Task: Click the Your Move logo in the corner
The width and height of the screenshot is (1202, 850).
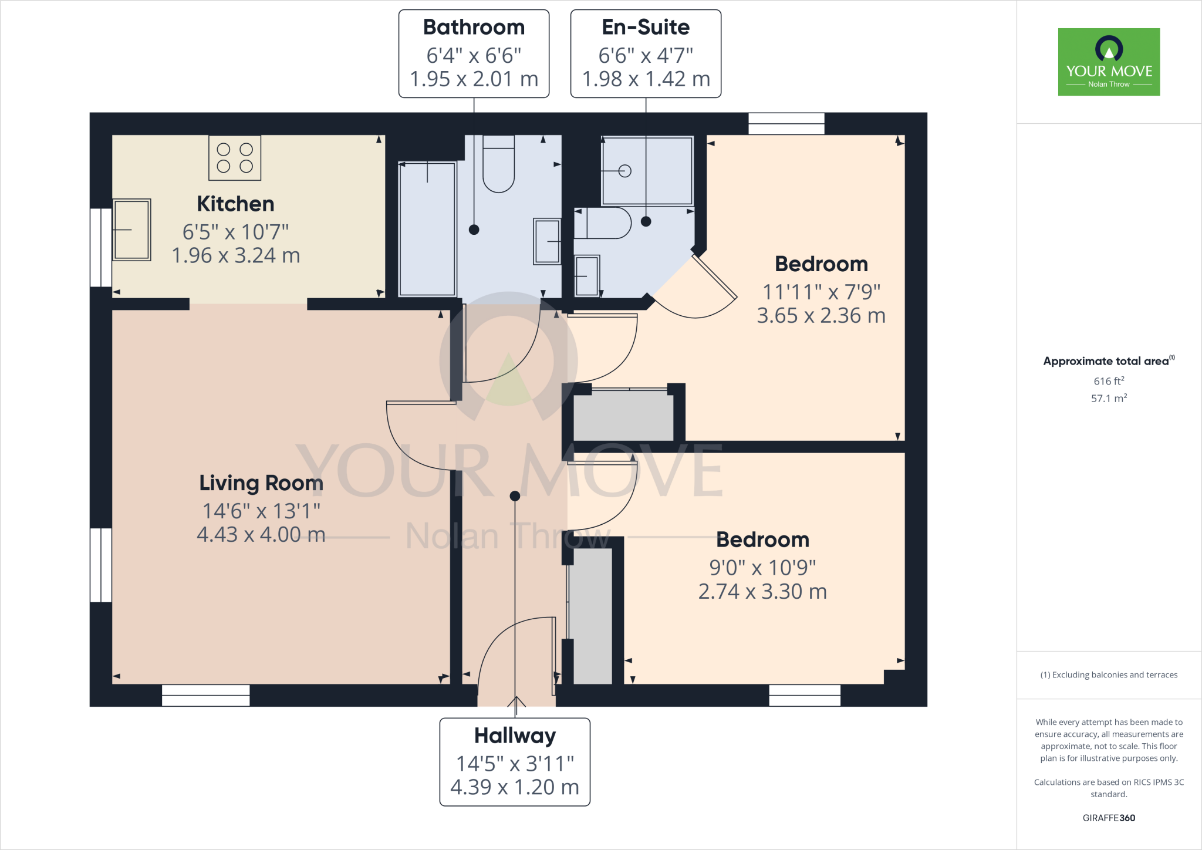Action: tap(1109, 62)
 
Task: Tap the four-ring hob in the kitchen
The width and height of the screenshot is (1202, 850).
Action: tap(235, 158)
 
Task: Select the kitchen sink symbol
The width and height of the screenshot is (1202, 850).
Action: tap(131, 230)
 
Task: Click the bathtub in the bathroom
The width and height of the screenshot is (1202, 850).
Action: tap(427, 229)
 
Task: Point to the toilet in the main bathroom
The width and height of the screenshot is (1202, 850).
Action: tap(498, 164)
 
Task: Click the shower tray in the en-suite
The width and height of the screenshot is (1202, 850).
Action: tap(647, 171)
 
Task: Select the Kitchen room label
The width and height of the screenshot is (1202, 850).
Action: tap(235, 204)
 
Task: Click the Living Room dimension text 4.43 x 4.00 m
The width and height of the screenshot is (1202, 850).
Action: tap(261, 534)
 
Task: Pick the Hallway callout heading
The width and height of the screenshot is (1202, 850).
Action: tap(515, 736)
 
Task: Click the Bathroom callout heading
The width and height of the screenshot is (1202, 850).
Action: tap(474, 27)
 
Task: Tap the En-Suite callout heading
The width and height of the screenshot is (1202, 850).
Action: tap(646, 27)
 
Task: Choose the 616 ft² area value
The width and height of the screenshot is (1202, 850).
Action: tap(1109, 381)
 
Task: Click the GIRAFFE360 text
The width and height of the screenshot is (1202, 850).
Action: tap(1109, 818)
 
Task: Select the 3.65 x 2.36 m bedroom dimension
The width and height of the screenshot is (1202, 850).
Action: tap(821, 316)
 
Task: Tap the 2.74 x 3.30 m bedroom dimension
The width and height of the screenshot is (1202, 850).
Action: tap(762, 592)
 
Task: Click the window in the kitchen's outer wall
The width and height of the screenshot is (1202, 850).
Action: tap(100, 247)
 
